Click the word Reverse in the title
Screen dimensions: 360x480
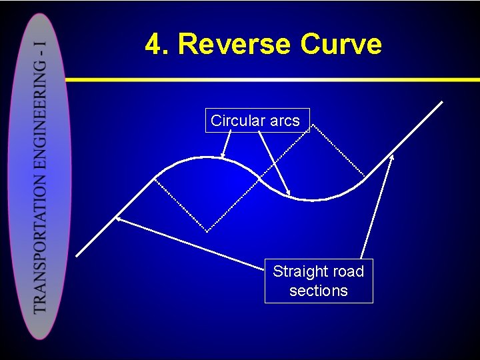(235, 45)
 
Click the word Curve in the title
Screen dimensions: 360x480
(341, 45)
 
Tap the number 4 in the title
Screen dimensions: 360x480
(155, 45)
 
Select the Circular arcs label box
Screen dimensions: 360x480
(257, 121)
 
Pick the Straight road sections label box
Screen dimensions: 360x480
(319, 281)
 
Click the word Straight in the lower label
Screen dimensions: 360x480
(299, 271)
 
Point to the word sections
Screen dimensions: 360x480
(319, 291)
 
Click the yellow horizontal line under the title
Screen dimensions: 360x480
(267, 79)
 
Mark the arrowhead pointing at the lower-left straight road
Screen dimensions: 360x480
(118, 217)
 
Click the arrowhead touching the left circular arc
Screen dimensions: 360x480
(223, 154)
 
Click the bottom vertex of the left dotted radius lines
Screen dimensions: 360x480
(207, 231)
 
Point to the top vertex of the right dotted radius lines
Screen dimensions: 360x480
(311, 124)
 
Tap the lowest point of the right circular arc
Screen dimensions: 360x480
(313, 199)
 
